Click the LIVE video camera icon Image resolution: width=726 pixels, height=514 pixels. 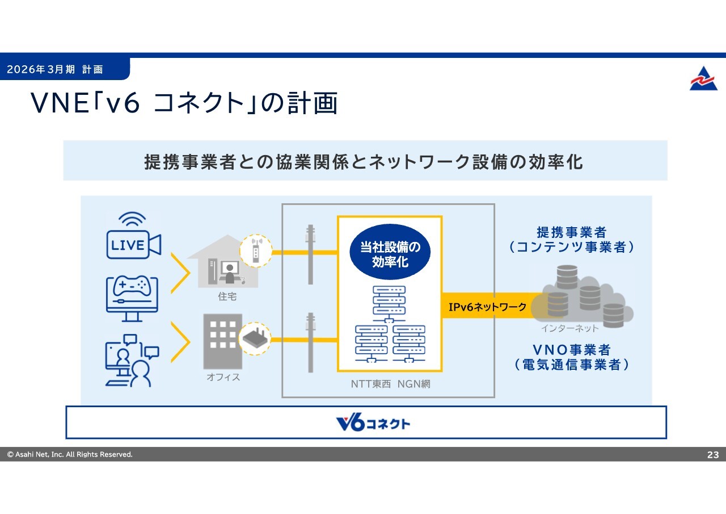(x=133, y=236)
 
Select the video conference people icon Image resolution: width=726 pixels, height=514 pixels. (x=132, y=361)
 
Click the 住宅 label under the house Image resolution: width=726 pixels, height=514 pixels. (x=227, y=296)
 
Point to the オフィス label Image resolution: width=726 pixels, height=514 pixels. (x=223, y=377)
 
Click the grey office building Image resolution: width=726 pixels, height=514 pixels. (x=223, y=341)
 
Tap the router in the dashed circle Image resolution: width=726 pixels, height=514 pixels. (x=255, y=339)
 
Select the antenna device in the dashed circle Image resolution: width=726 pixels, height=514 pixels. (x=256, y=251)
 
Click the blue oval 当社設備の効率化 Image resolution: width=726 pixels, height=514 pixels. (x=390, y=252)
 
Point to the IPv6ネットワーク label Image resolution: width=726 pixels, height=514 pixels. (x=487, y=307)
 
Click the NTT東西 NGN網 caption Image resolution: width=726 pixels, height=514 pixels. (x=391, y=384)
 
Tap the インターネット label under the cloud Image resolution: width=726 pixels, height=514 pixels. (x=569, y=328)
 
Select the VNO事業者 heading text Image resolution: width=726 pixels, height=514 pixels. (x=572, y=350)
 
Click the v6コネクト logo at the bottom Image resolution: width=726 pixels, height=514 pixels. (x=373, y=423)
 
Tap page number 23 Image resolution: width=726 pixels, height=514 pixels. (x=713, y=454)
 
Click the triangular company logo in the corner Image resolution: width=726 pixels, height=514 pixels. (x=703, y=78)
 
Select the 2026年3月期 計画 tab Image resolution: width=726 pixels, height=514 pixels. (x=55, y=69)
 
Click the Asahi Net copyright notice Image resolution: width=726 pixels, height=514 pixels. (x=70, y=454)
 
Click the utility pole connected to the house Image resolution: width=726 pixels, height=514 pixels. (x=310, y=254)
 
